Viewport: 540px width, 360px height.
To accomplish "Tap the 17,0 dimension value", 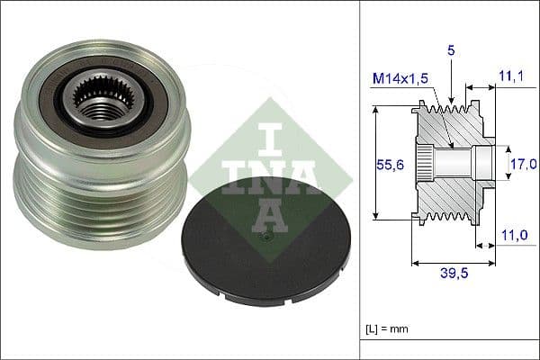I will click(523, 164).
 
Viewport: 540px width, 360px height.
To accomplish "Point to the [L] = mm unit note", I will click(388, 329).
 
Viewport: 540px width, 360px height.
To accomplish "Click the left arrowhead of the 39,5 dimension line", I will click(415, 264).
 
